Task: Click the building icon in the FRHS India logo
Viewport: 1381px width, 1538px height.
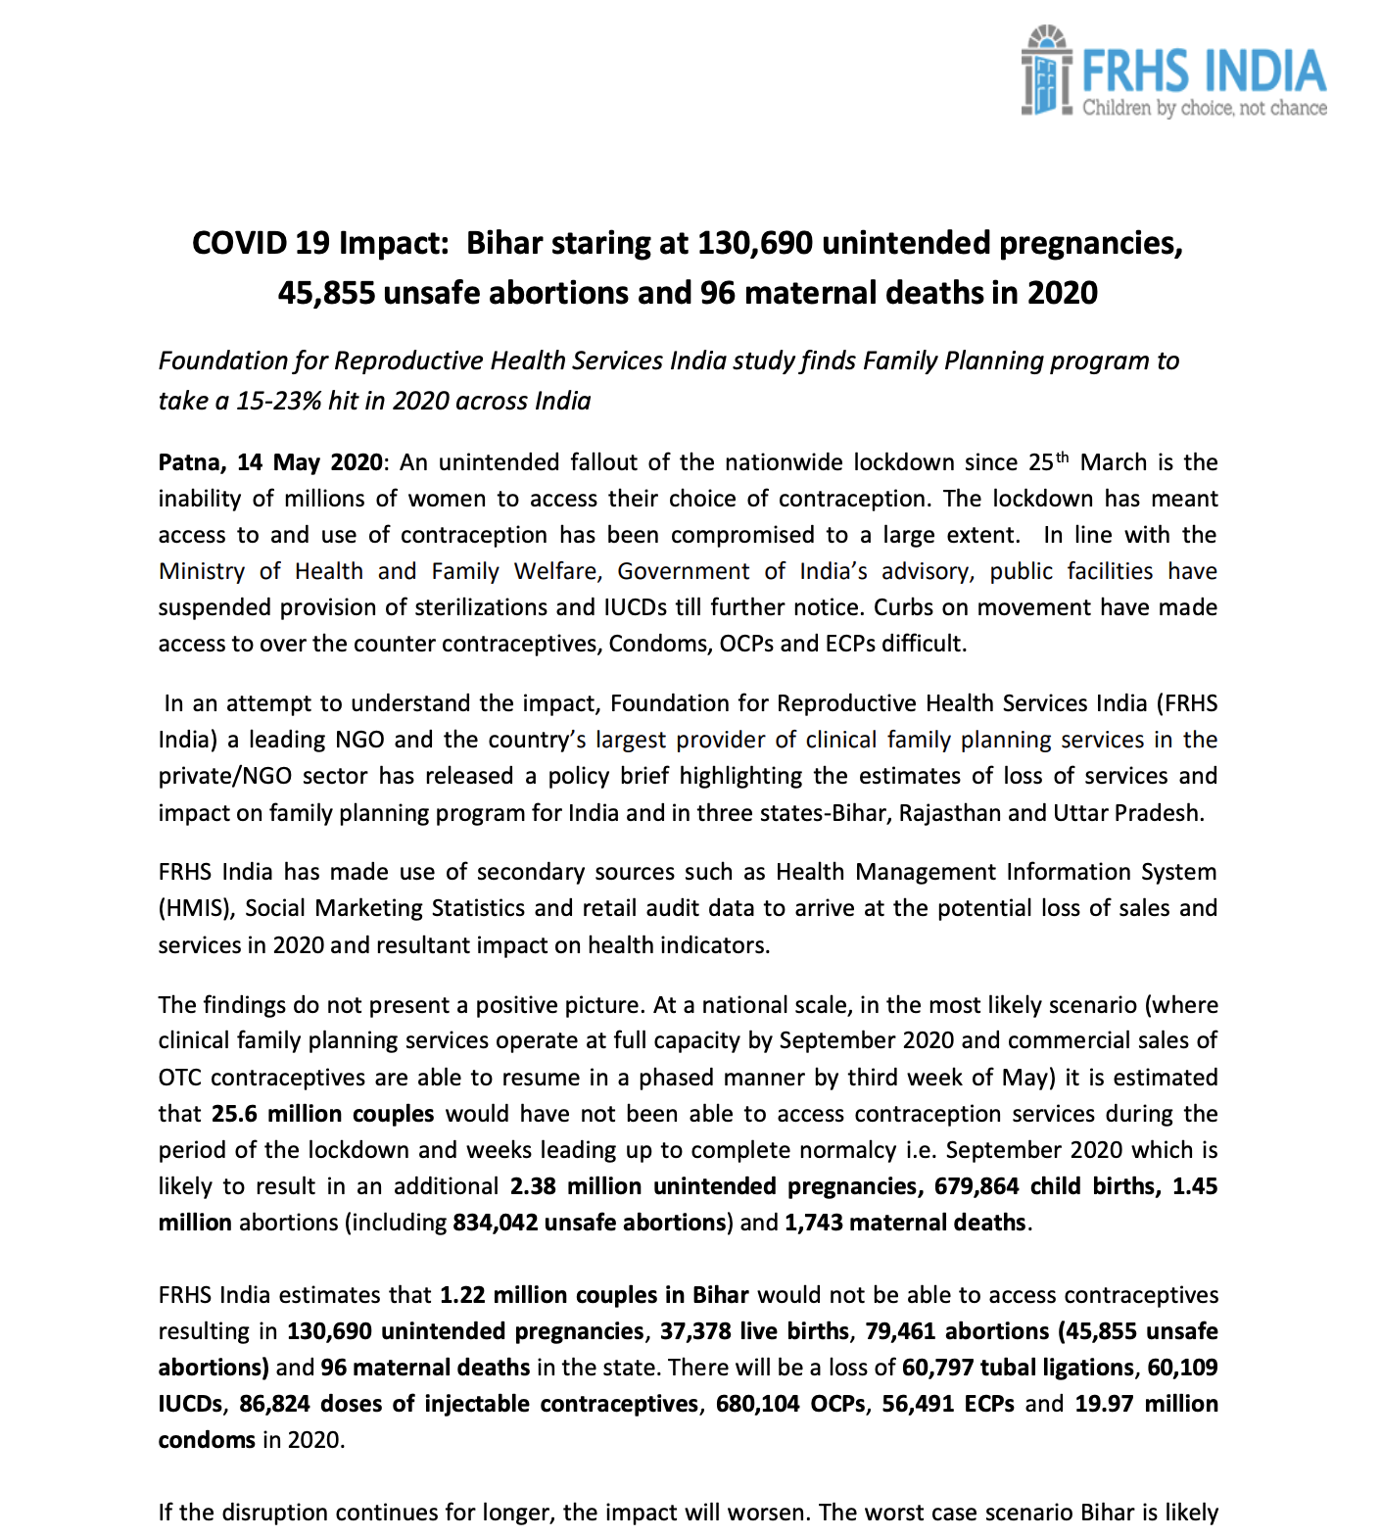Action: click(x=1045, y=71)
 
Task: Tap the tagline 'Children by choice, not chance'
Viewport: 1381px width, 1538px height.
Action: click(x=1204, y=108)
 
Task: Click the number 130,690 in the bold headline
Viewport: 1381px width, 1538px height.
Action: click(x=754, y=243)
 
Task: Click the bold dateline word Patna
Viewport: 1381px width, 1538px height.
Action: click(x=193, y=462)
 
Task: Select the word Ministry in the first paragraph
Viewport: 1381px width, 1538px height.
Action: click(x=202, y=571)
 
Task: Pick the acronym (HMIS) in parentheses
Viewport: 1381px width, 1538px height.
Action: click(x=197, y=908)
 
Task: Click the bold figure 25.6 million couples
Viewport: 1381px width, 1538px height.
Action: click(x=323, y=1114)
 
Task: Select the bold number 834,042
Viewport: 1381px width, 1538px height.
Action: click(x=495, y=1223)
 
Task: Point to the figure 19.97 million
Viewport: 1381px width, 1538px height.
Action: click(x=1146, y=1404)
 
